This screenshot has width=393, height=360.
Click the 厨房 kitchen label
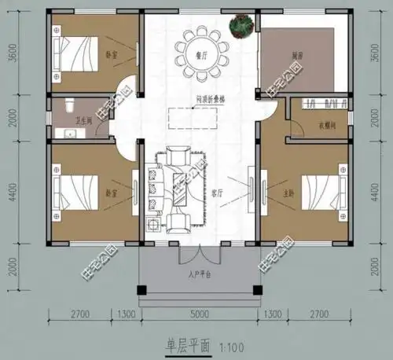pos(298,57)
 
